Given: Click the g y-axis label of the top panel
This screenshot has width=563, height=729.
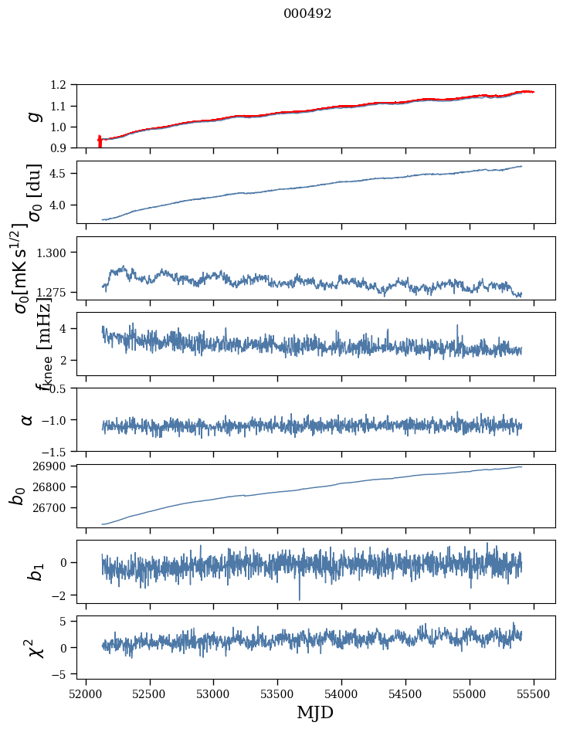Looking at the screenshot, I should [32, 117].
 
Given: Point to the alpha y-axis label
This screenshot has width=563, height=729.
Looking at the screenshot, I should [27, 419].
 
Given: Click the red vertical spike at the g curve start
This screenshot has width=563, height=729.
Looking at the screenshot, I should [100, 141].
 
